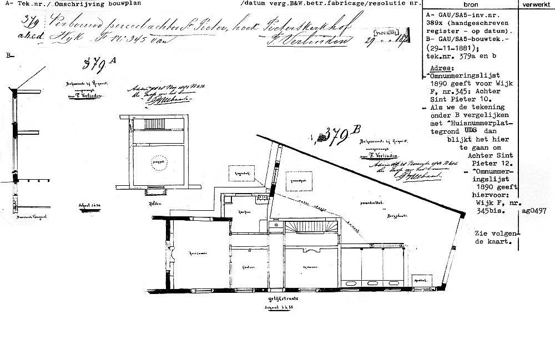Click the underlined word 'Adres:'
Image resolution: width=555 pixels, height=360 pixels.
[x=441, y=66]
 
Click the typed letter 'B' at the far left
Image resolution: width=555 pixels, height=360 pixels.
[x=8, y=55]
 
